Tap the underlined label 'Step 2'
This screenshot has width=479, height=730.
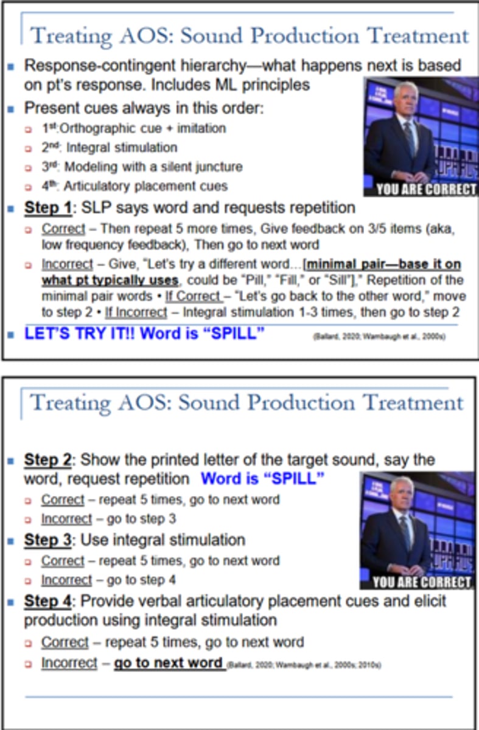coord(47,460)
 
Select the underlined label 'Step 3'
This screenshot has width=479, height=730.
coord(47,540)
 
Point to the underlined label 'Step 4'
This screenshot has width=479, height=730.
coord(47,601)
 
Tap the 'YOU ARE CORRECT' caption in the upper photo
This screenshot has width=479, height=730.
coord(426,189)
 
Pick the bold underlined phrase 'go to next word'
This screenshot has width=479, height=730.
coord(169,662)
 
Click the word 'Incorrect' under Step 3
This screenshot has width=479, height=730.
coord(66,580)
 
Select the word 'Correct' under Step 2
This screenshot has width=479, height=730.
coord(62,499)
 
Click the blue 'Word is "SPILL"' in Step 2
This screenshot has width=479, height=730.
coord(262,479)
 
